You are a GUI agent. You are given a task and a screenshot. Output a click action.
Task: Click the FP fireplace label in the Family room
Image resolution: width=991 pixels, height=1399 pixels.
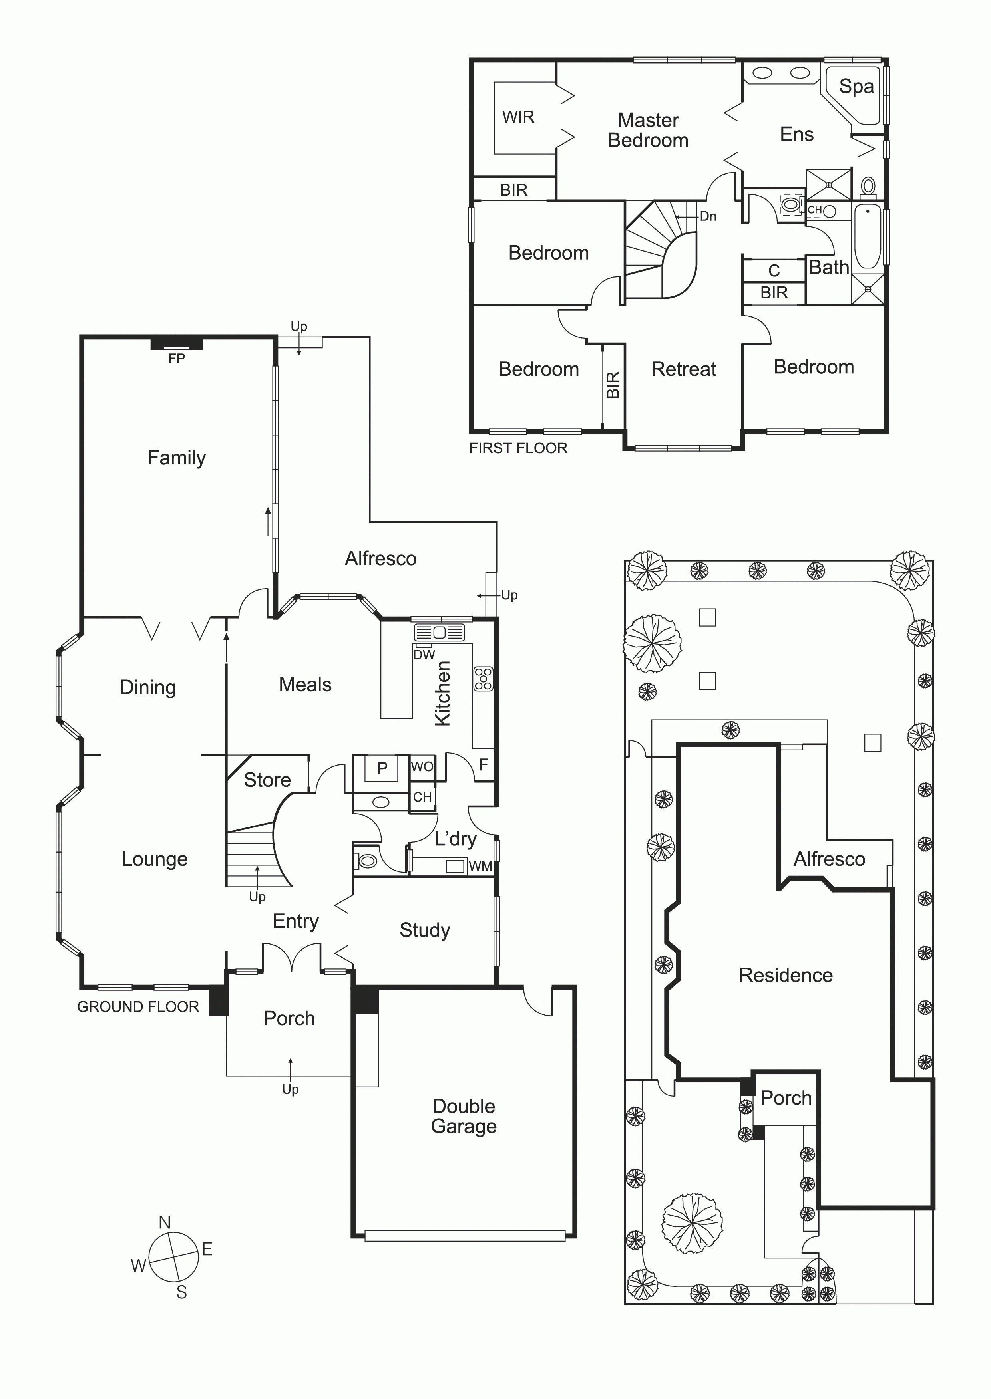(176, 359)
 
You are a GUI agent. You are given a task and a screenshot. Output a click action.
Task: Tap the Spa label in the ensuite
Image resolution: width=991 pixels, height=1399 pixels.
(856, 87)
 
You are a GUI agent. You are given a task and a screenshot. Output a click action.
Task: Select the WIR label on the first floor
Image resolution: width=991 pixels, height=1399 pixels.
(518, 117)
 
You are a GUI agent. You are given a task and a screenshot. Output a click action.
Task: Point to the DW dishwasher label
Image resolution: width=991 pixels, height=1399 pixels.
(424, 655)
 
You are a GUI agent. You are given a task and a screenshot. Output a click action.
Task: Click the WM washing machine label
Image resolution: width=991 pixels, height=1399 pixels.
(480, 866)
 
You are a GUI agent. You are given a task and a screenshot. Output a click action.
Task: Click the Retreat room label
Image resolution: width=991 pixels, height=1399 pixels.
(683, 369)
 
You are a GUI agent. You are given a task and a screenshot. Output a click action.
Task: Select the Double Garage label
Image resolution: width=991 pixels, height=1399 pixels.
(464, 1116)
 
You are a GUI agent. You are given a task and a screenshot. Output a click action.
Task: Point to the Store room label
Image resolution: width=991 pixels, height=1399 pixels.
(267, 780)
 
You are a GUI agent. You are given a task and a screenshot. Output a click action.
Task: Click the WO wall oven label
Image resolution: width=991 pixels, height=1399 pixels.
(422, 766)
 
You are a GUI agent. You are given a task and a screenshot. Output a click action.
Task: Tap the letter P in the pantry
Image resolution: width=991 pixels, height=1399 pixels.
(382, 768)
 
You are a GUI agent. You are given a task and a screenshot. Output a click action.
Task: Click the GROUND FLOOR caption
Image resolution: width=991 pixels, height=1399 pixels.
(138, 1007)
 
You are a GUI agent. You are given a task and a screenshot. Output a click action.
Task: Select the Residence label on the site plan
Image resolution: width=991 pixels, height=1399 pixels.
(786, 975)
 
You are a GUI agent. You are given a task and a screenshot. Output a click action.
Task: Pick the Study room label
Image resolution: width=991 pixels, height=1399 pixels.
(425, 930)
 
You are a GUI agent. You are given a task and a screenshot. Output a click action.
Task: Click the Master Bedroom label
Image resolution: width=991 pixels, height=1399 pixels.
(648, 130)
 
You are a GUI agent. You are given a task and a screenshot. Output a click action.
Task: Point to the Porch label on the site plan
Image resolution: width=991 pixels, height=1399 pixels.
(786, 1098)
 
